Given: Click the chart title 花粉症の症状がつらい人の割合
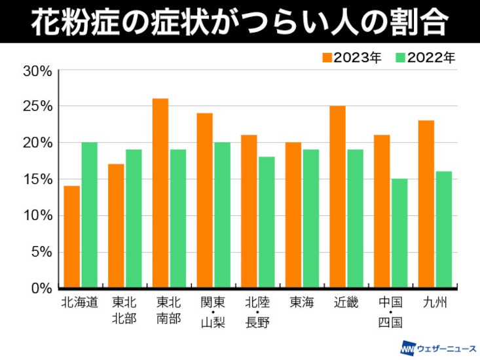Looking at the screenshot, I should click(x=240, y=21).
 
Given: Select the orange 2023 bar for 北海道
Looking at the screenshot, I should click(x=71, y=237).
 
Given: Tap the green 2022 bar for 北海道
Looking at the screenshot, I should click(x=89, y=215).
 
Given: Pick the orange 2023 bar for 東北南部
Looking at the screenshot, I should click(x=160, y=193).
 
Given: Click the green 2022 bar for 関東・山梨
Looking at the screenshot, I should click(x=222, y=215).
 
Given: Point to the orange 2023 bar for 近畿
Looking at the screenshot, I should click(x=338, y=197).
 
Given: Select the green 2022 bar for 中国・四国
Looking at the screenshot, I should click(x=399, y=234).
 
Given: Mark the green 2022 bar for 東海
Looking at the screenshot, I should click(x=311, y=219).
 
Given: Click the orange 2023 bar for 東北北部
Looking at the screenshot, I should click(x=116, y=226).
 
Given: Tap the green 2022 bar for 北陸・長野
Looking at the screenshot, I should click(x=267, y=223).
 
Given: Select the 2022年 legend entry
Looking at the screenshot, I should click(x=426, y=58).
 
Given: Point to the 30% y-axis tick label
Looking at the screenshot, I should click(x=37, y=70).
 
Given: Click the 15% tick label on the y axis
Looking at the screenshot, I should click(x=37, y=179).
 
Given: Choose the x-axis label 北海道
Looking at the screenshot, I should click(x=80, y=303).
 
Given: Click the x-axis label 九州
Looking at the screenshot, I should click(x=435, y=303).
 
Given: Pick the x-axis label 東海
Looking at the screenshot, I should click(x=302, y=303).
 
